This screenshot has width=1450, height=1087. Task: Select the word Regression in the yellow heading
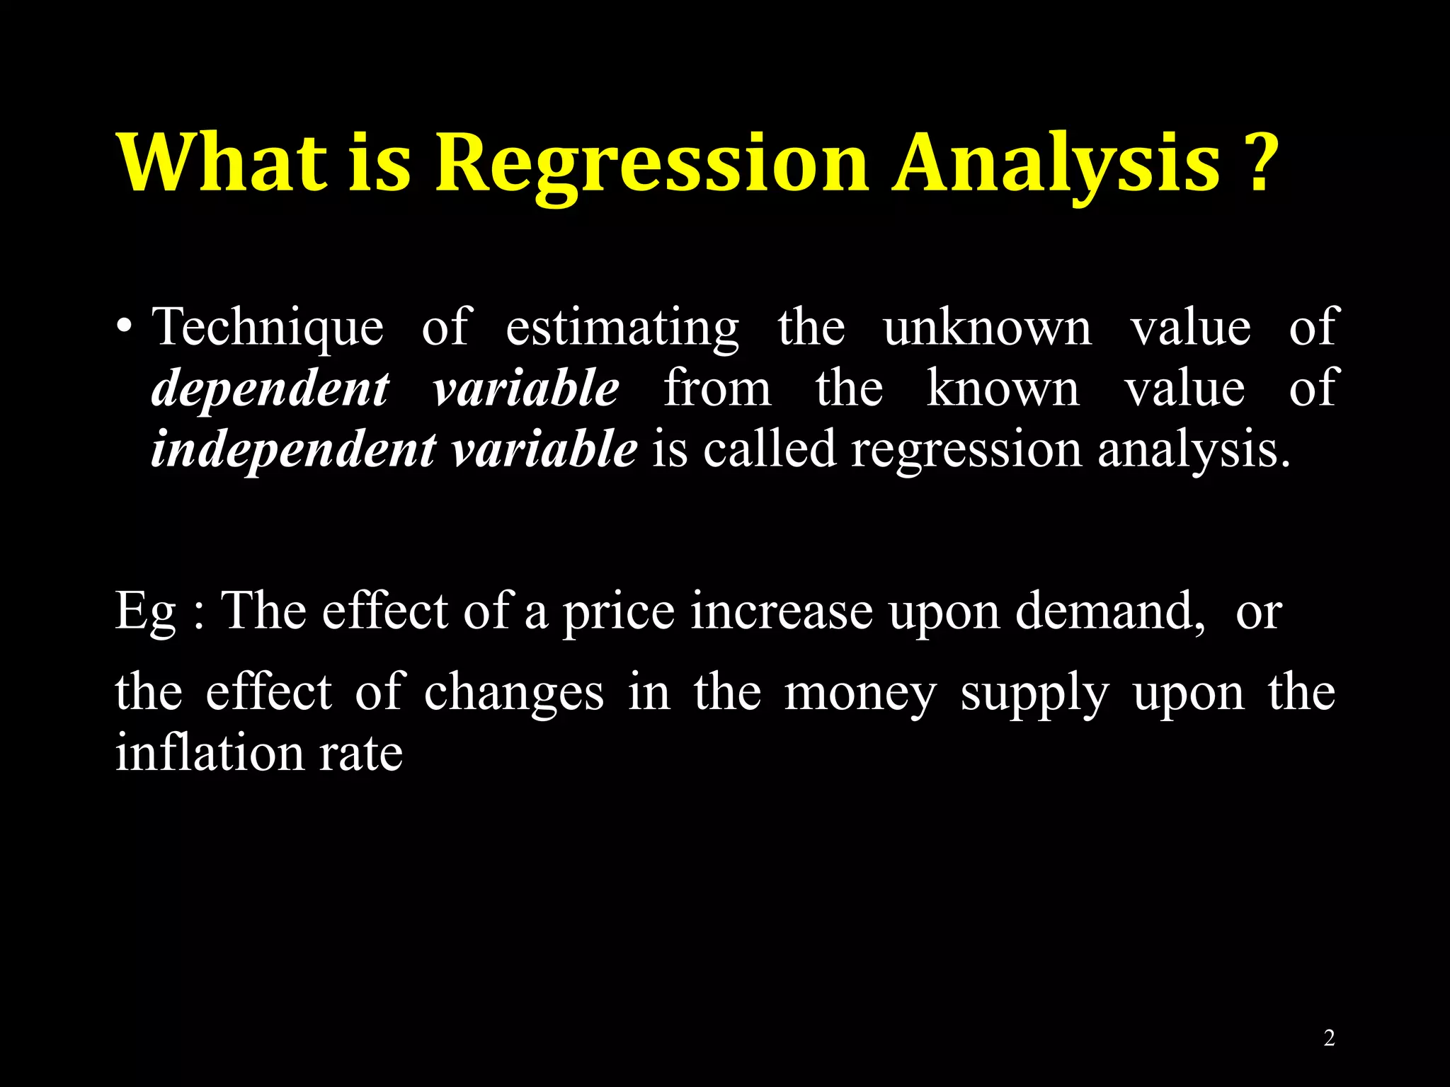pos(651,164)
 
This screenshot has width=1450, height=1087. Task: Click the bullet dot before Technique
pos(125,328)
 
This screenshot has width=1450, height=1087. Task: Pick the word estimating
pos(622,328)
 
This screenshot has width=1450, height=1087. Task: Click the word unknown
pos(988,328)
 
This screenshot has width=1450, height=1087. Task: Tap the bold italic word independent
pos(293,449)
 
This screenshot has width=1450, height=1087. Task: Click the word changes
pos(514,692)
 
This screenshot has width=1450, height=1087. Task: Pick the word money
pos(860,692)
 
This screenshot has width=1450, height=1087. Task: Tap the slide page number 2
pos(1329,1038)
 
